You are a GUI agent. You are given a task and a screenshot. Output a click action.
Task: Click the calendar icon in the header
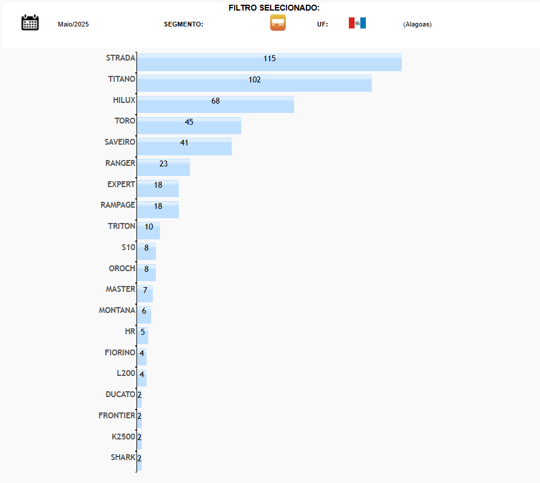(x=30, y=23)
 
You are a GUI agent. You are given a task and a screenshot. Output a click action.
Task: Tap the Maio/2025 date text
(x=73, y=24)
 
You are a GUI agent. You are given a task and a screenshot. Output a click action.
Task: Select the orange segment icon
(x=278, y=23)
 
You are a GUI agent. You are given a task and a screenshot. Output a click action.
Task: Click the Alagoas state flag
(x=357, y=23)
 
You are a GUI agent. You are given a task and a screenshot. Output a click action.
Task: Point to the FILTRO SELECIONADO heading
(x=274, y=8)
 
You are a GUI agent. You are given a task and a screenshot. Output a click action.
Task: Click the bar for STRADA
(x=269, y=63)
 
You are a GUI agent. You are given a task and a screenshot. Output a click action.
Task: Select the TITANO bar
(x=254, y=84)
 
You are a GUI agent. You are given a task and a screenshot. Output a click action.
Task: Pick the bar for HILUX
(x=215, y=105)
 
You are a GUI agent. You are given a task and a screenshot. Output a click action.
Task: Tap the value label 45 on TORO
(x=189, y=122)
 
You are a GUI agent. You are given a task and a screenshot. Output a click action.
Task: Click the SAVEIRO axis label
(x=120, y=142)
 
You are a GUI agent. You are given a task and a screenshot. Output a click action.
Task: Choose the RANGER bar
(x=164, y=168)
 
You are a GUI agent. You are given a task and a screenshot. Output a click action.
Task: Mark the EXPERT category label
(x=121, y=184)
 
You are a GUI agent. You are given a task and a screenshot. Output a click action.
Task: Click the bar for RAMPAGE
(x=158, y=210)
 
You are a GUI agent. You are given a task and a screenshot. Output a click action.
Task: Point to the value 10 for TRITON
(x=149, y=227)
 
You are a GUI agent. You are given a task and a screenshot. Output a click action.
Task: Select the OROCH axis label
(x=122, y=268)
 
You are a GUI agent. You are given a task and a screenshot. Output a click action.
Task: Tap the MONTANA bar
(x=144, y=315)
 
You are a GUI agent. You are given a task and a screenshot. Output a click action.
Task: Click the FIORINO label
(x=120, y=352)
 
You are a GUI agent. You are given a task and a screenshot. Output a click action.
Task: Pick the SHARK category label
(x=123, y=457)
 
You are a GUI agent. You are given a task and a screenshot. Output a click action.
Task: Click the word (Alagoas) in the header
(x=417, y=24)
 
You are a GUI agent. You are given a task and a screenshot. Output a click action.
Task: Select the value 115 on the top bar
(x=269, y=59)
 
